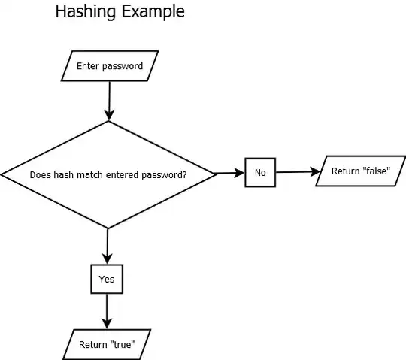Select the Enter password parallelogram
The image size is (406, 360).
pyautogui.click(x=110, y=65)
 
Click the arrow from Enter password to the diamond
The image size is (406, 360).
pyautogui.click(x=110, y=96)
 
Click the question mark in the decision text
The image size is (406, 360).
pyautogui.click(x=186, y=174)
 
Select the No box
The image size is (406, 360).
pyautogui.click(x=260, y=173)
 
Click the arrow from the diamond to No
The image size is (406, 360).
pyautogui.click(x=230, y=174)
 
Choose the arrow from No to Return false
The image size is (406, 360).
pyautogui.click(x=298, y=172)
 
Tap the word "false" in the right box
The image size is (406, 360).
pyautogui.click(x=375, y=171)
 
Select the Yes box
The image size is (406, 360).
pyautogui.click(x=107, y=279)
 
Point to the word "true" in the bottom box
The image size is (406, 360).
pyautogui.click(x=123, y=346)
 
